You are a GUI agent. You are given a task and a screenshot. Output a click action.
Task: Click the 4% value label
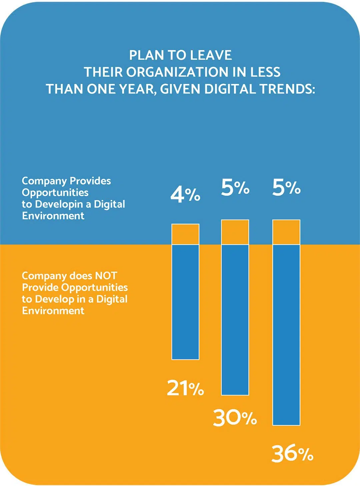[185, 195]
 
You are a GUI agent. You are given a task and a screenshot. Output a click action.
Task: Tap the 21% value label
[185, 388]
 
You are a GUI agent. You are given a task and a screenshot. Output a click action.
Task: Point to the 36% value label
[292, 454]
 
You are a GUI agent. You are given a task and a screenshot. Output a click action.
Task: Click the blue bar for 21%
[185, 302]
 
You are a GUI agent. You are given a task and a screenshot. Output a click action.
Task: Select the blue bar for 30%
[235, 319]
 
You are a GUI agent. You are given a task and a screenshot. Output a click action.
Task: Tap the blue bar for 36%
[286, 335]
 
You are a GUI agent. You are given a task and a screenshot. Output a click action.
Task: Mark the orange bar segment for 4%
[185, 234]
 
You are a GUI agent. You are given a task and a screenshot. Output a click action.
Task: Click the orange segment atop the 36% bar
[286, 232]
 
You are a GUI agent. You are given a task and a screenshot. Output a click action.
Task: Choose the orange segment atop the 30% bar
[235, 232]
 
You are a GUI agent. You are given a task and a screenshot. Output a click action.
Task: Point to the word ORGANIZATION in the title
[176, 72]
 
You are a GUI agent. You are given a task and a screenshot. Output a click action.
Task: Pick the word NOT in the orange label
[106, 276]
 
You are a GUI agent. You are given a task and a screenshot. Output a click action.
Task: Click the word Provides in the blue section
[90, 181]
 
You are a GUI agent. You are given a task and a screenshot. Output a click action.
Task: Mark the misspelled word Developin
[59, 204]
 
